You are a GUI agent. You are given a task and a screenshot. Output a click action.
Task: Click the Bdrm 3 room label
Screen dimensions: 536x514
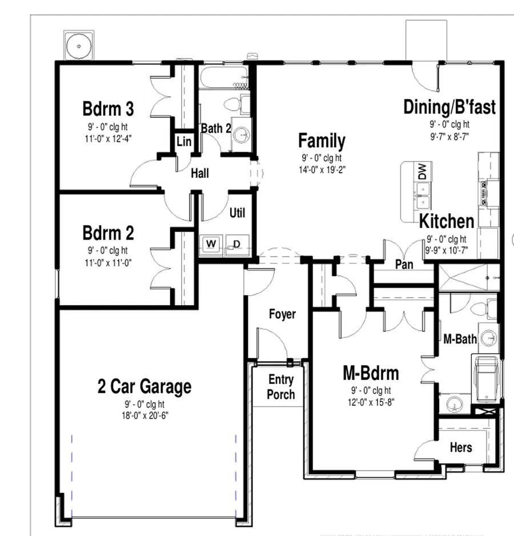tap(108, 108)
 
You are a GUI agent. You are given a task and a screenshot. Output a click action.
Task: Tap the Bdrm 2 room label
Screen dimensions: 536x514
tap(108, 233)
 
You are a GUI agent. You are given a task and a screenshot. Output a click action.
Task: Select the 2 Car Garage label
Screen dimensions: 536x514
tap(144, 387)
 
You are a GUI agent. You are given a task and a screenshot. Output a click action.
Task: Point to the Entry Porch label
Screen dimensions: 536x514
tap(281, 387)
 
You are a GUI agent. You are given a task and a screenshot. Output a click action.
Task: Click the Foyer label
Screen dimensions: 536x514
tap(282, 314)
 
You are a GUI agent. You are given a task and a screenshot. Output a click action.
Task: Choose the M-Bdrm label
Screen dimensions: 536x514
tap(371, 373)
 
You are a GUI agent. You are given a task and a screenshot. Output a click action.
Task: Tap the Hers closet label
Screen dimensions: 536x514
tap(460, 446)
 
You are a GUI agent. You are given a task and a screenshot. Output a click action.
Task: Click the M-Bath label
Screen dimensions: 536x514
tap(460, 339)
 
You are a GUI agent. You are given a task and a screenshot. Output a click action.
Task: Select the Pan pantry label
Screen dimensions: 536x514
tap(404, 265)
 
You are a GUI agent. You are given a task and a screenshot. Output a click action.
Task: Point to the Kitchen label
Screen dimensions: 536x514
tap(447, 221)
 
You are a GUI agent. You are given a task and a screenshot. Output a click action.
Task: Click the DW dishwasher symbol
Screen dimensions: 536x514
tap(422, 172)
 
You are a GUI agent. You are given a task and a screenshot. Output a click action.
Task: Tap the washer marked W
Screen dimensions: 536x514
tap(211, 244)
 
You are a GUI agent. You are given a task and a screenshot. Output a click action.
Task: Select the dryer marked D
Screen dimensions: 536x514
tap(237, 244)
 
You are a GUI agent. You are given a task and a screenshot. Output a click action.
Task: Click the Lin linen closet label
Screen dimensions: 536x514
tap(183, 141)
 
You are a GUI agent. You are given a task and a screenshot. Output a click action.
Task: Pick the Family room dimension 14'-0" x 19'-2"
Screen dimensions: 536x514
tap(322, 169)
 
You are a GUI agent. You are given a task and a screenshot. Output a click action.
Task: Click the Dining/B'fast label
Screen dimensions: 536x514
tap(449, 107)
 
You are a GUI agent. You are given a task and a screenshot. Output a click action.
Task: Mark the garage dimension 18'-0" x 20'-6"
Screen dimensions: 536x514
tap(144, 415)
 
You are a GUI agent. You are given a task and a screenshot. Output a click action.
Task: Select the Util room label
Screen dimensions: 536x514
tap(237, 213)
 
